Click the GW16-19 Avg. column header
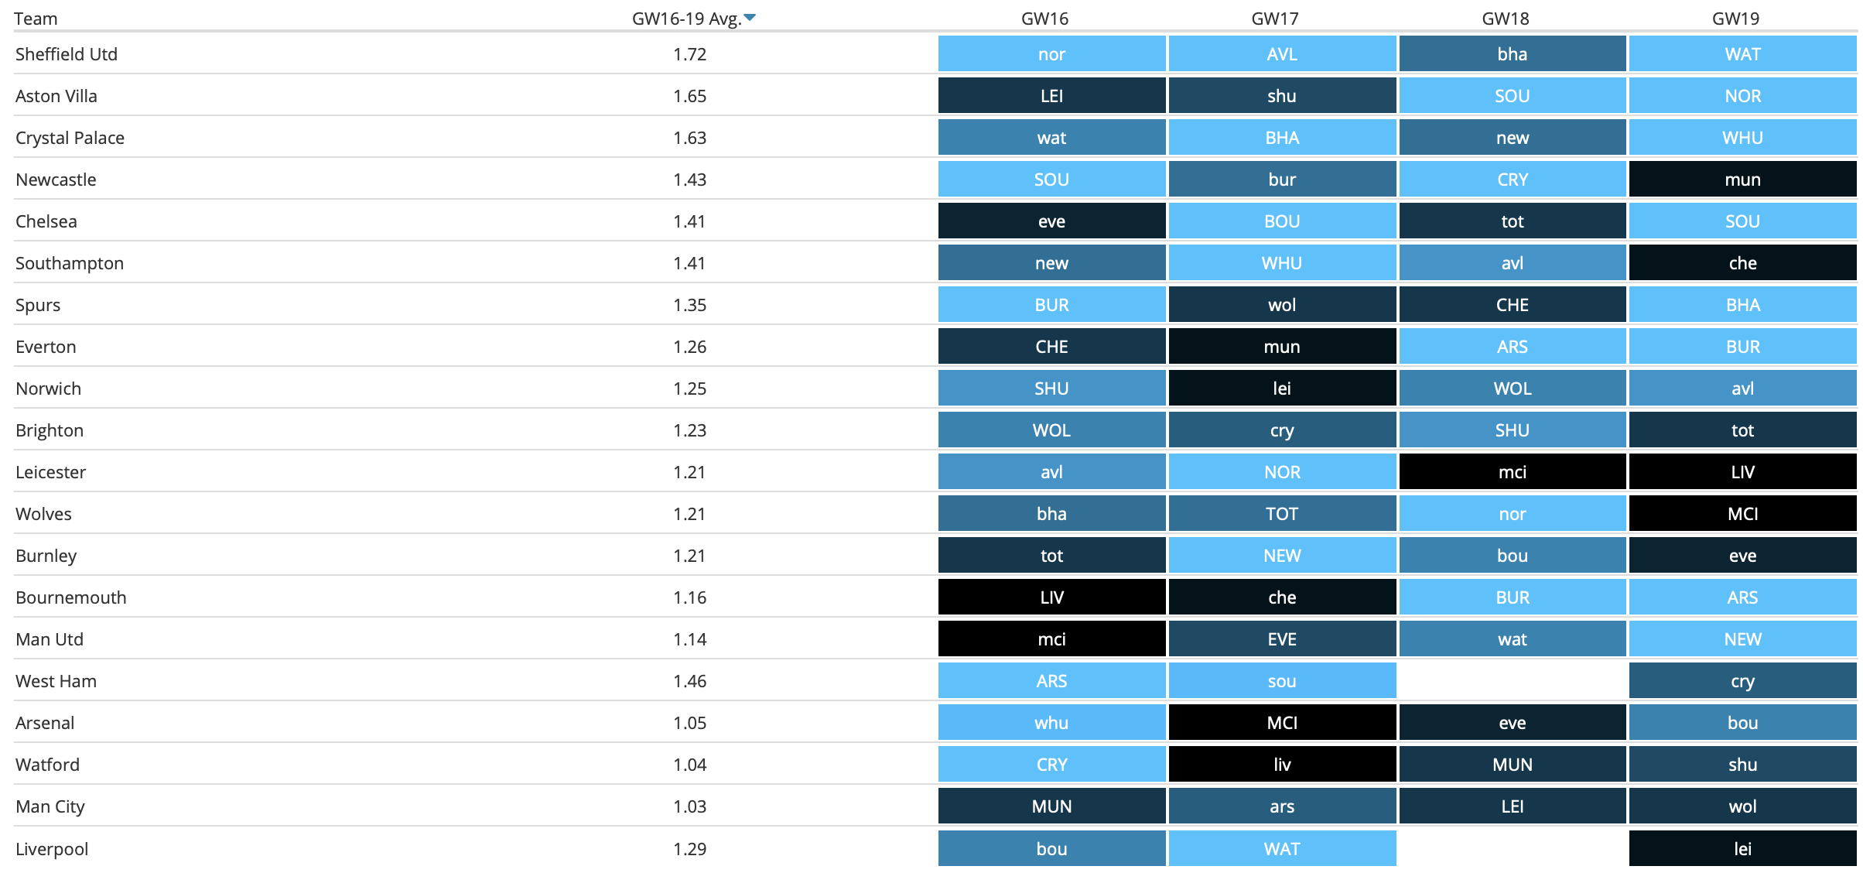686,19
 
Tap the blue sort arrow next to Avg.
750,17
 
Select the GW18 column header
1506,19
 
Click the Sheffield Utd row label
67,54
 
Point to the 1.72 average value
689,54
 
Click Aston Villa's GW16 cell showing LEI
1051,96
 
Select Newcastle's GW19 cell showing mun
1742,180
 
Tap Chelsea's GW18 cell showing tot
1512,221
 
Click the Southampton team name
70,263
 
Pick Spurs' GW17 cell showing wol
1282,305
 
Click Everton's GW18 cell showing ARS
1512,347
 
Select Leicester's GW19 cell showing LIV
1742,472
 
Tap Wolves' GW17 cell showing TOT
1282,514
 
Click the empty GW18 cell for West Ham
1512,681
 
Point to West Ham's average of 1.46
689,681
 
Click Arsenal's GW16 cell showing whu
1051,723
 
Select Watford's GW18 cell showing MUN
1512,765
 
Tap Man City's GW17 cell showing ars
1282,806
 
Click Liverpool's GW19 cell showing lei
1742,849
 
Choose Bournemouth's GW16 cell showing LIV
1051,597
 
